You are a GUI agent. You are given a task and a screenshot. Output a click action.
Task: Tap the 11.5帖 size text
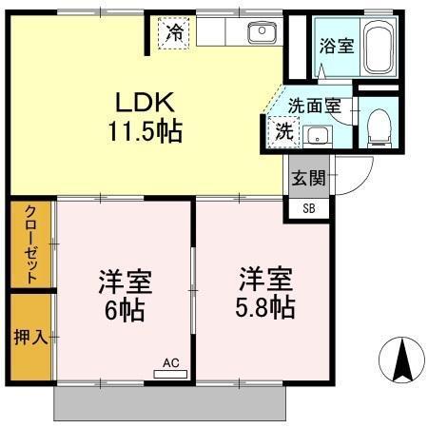(144, 130)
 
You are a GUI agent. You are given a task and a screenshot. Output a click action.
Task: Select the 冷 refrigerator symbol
(174, 32)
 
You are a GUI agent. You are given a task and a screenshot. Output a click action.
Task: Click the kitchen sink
(260, 33)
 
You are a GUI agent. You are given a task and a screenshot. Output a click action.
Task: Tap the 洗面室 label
(314, 107)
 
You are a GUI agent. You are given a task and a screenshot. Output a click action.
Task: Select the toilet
(379, 124)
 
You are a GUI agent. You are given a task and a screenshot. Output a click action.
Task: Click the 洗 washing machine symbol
(284, 132)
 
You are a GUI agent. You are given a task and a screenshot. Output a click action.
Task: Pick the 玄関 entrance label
(308, 178)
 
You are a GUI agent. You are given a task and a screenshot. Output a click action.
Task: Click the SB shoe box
(308, 208)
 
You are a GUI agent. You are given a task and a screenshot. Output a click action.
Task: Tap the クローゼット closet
(31, 244)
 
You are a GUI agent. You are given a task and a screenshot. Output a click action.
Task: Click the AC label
(170, 362)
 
